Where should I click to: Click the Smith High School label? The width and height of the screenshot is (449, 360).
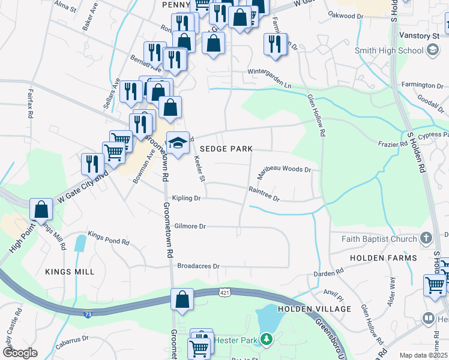pos(389,51)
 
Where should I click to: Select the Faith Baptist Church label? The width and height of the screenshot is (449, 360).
pos(379,239)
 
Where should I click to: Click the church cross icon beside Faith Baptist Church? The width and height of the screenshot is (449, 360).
pos(426,239)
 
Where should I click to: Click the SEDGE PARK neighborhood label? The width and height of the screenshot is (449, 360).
pos(231,148)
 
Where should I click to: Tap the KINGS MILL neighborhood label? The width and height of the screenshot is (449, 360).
pos(70,272)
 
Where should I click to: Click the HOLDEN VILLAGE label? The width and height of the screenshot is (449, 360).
pos(315,309)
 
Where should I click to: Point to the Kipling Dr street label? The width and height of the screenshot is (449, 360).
pos(186,198)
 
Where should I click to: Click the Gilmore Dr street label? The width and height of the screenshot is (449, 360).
pos(190,226)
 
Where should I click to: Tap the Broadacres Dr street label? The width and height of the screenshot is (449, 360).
pos(199,266)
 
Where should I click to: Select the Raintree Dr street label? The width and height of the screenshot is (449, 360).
pos(265,193)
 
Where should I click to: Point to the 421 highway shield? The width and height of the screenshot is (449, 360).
pos(223,292)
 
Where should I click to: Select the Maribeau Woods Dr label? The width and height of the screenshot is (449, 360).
pos(284,170)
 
